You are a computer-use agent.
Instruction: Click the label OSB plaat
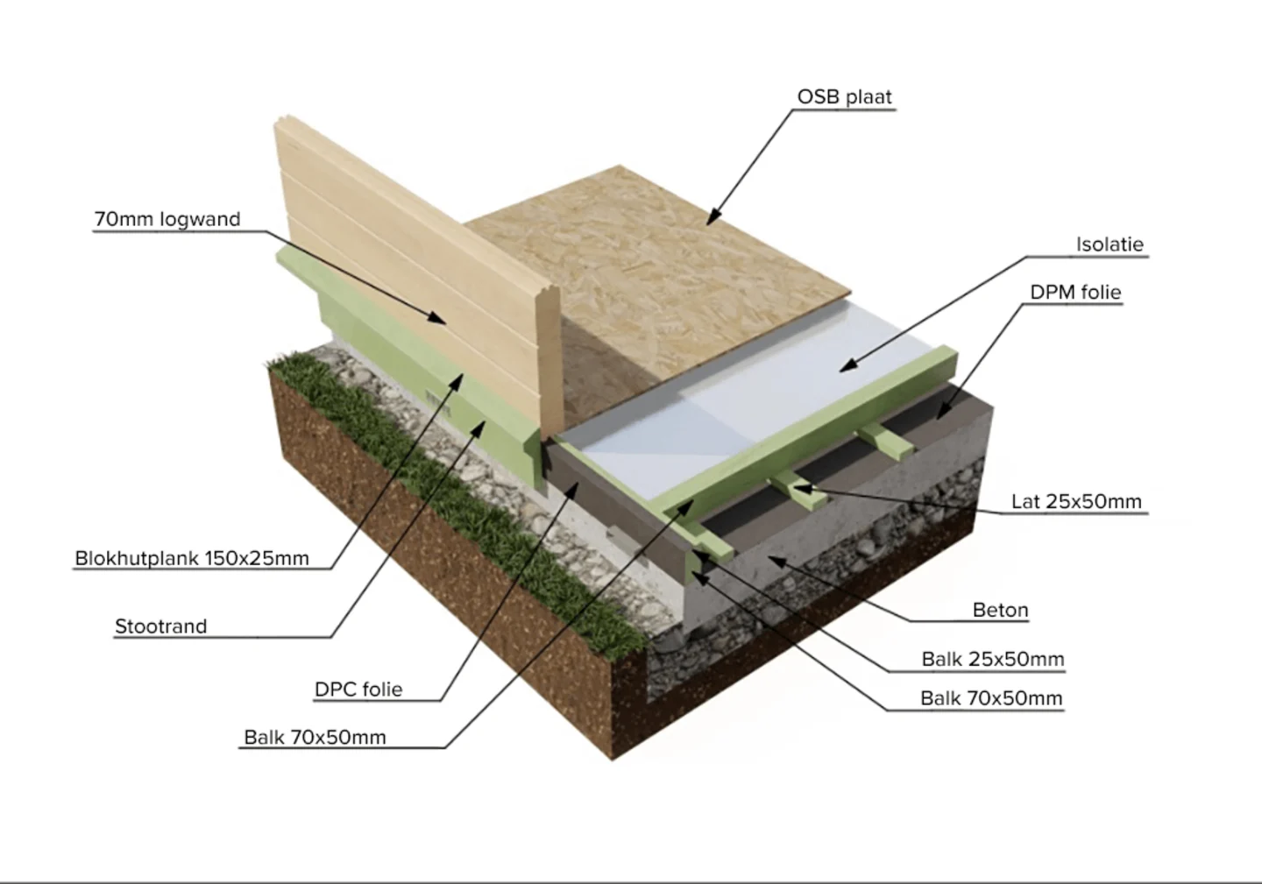[844, 96]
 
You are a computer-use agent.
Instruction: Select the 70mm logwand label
[167, 219]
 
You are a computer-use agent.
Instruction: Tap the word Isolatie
[1110, 244]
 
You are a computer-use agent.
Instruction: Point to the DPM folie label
[1075, 292]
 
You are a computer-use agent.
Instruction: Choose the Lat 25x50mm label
[1076, 501]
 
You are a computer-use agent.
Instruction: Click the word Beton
[1000, 610]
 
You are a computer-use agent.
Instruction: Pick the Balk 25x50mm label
[992, 659]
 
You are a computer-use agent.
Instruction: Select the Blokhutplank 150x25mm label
[192, 558]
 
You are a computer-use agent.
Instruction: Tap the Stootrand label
[160, 626]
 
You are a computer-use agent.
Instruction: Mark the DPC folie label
[358, 690]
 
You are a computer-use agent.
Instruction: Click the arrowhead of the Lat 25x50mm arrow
[796, 486]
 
